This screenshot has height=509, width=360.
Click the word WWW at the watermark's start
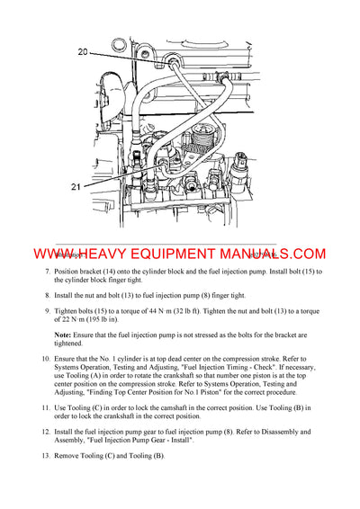tap(36, 254)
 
